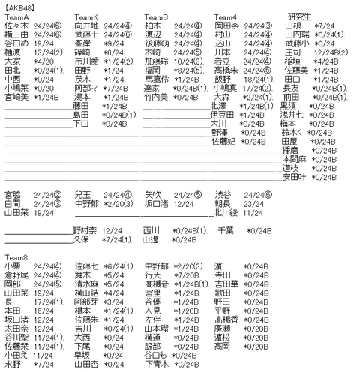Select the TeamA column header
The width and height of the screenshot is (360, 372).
coord(16,16)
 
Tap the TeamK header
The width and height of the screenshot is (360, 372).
coord(86,16)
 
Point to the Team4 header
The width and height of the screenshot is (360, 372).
coord(226,16)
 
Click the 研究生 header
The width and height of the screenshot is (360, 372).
coord(300,16)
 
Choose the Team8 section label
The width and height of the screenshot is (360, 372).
coord(16,257)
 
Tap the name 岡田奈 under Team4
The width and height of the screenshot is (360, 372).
coord(226,25)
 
